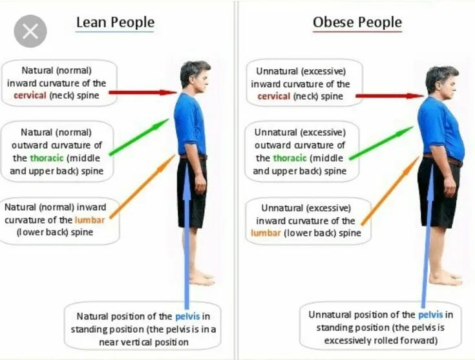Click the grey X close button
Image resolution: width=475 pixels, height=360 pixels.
coord(30,30)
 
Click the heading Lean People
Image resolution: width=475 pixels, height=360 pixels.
coord(115,23)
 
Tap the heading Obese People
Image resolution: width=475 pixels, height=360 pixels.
coord(357,23)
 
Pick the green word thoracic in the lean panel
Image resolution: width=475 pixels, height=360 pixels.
coord(47,158)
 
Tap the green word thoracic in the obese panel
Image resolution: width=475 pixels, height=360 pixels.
coord(289,158)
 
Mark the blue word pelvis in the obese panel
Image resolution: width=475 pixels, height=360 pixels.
coord(430,315)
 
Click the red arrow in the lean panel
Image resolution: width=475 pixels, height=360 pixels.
coord(142,92)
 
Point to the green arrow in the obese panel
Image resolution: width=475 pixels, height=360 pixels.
coord(381,143)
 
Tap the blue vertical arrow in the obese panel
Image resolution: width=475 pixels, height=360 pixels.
coord(427,239)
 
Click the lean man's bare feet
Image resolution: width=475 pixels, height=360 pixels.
coord(200,279)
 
